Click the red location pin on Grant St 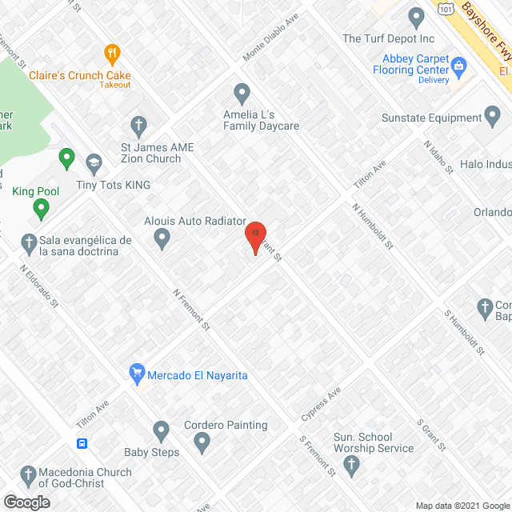tap(255, 237)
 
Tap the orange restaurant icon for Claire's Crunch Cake tap(112, 55)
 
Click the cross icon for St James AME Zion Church tap(138, 126)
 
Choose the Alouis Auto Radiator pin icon tap(162, 237)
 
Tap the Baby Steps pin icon tap(162, 432)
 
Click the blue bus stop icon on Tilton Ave tap(82, 443)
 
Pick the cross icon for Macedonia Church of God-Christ tap(29, 476)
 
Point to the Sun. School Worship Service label tap(374, 442)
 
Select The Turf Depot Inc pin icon tap(415, 17)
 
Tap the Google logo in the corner tap(26, 502)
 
